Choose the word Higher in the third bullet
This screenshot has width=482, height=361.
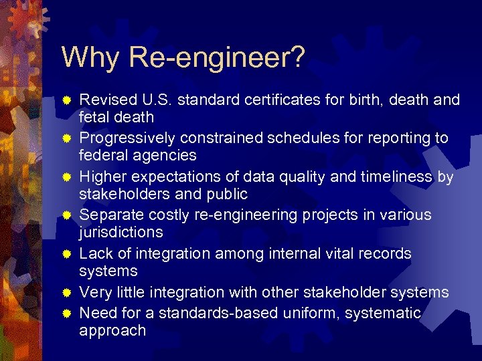coord(101,177)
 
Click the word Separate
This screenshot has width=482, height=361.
coord(109,215)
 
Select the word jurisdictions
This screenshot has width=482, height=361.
coord(120,232)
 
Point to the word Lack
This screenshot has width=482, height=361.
coord(94,254)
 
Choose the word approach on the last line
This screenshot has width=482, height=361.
coord(112,330)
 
